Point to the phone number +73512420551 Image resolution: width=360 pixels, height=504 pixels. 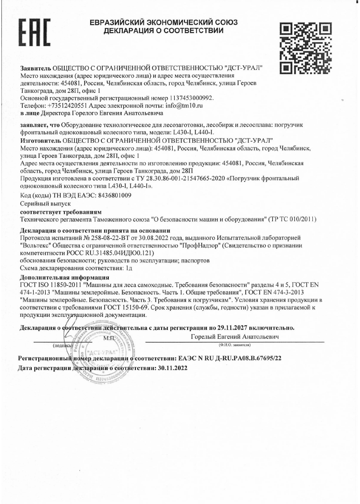click(x=68, y=106)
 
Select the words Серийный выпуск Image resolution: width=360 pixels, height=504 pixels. click(x=45, y=204)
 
